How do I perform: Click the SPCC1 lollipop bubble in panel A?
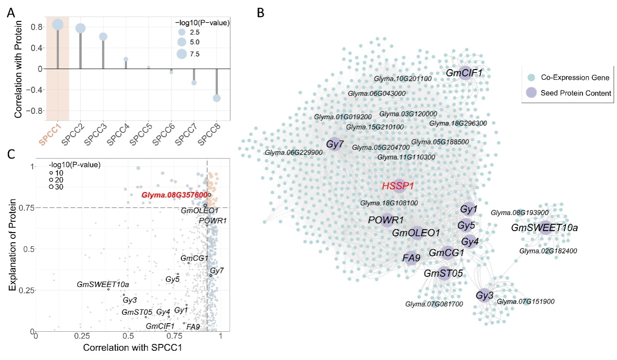pos(57,25)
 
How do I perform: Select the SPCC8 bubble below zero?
pos(217,98)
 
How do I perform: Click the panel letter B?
pos(261,13)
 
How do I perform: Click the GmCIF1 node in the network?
pos(464,73)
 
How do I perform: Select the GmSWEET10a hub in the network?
pos(545,228)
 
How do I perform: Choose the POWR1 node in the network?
pos(387,220)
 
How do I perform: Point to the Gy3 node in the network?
pos(484,295)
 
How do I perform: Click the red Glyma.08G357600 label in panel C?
pos(174,195)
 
